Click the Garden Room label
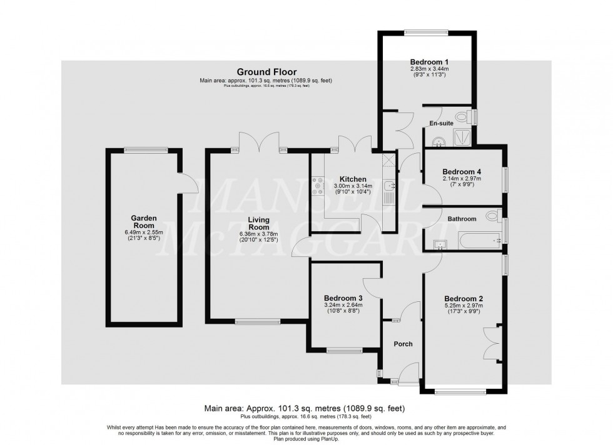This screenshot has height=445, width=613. click(x=143, y=222)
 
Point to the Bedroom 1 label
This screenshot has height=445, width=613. click(x=429, y=62)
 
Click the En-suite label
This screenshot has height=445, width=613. click(x=442, y=124)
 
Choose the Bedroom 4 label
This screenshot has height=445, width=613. click(x=462, y=172)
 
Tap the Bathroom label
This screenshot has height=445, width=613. click(x=462, y=219)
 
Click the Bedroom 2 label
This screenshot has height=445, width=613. click(x=464, y=299)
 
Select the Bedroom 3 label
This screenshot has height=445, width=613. click(x=343, y=298)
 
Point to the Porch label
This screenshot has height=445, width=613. click(x=403, y=344)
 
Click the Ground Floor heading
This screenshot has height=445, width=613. click(x=266, y=72)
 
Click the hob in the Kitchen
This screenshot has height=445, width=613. click(x=317, y=184)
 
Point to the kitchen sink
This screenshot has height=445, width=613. click(x=389, y=186)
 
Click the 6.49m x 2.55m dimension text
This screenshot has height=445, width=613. click(x=143, y=232)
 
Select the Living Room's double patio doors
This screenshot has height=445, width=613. click(x=260, y=141)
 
